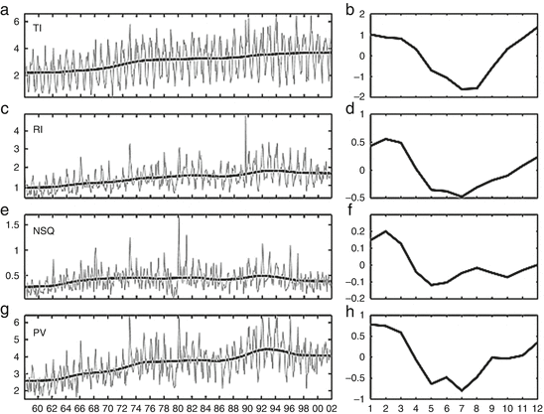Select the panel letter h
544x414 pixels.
click(x=347, y=317)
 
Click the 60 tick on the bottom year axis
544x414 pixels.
click(x=38, y=406)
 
